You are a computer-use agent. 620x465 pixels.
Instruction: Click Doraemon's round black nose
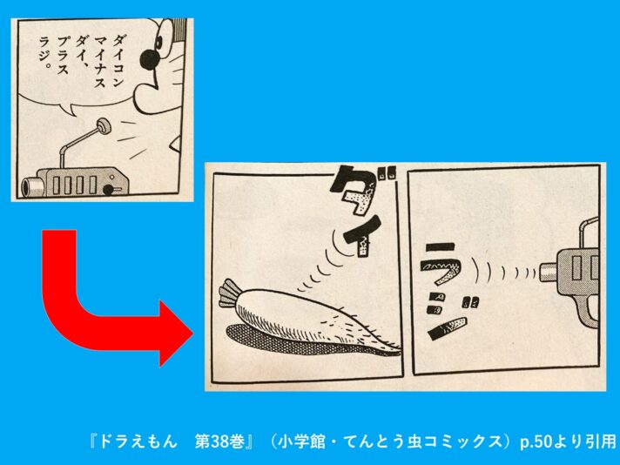(x=150, y=60)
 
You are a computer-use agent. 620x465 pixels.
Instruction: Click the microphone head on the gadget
(x=104, y=126)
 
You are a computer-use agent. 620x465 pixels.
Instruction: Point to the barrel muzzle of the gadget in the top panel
(x=30, y=185)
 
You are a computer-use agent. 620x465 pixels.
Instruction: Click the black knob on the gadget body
(x=108, y=190)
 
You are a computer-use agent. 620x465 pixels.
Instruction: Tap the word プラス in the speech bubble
(x=63, y=56)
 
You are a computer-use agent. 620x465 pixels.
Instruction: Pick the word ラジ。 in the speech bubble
(x=45, y=53)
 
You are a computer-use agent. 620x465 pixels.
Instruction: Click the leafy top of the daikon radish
(x=229, y=293)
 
